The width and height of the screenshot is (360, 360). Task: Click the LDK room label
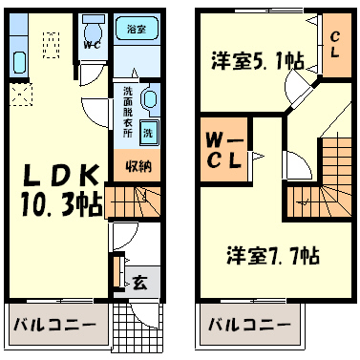[60, 176]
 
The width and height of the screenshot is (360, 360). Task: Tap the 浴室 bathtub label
[137, 30]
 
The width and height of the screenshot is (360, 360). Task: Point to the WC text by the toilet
[93, 45]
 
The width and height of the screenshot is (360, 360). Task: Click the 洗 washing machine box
[148, 133]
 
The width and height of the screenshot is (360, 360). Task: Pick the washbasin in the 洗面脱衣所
[149, 98]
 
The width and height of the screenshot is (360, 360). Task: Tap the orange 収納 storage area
[138, 166]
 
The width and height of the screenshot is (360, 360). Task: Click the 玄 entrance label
[140, 283]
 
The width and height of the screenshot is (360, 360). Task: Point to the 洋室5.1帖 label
[258, 60]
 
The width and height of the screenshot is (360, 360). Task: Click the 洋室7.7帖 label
[273, 255]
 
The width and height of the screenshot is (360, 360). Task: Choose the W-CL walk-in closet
[224, 150]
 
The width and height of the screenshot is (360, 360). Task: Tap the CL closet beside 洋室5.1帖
[336, 45]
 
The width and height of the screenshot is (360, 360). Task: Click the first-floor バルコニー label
[54, 325]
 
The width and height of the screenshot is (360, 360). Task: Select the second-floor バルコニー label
[249, 325]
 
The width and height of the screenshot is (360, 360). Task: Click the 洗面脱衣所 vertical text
[128, 112]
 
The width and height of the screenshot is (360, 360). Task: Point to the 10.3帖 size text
[62, 204]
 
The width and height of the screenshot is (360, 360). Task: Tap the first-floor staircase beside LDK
[133, 201]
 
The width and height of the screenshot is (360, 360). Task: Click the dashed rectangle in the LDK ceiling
[51, 45]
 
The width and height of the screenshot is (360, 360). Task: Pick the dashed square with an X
[21, 95]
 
